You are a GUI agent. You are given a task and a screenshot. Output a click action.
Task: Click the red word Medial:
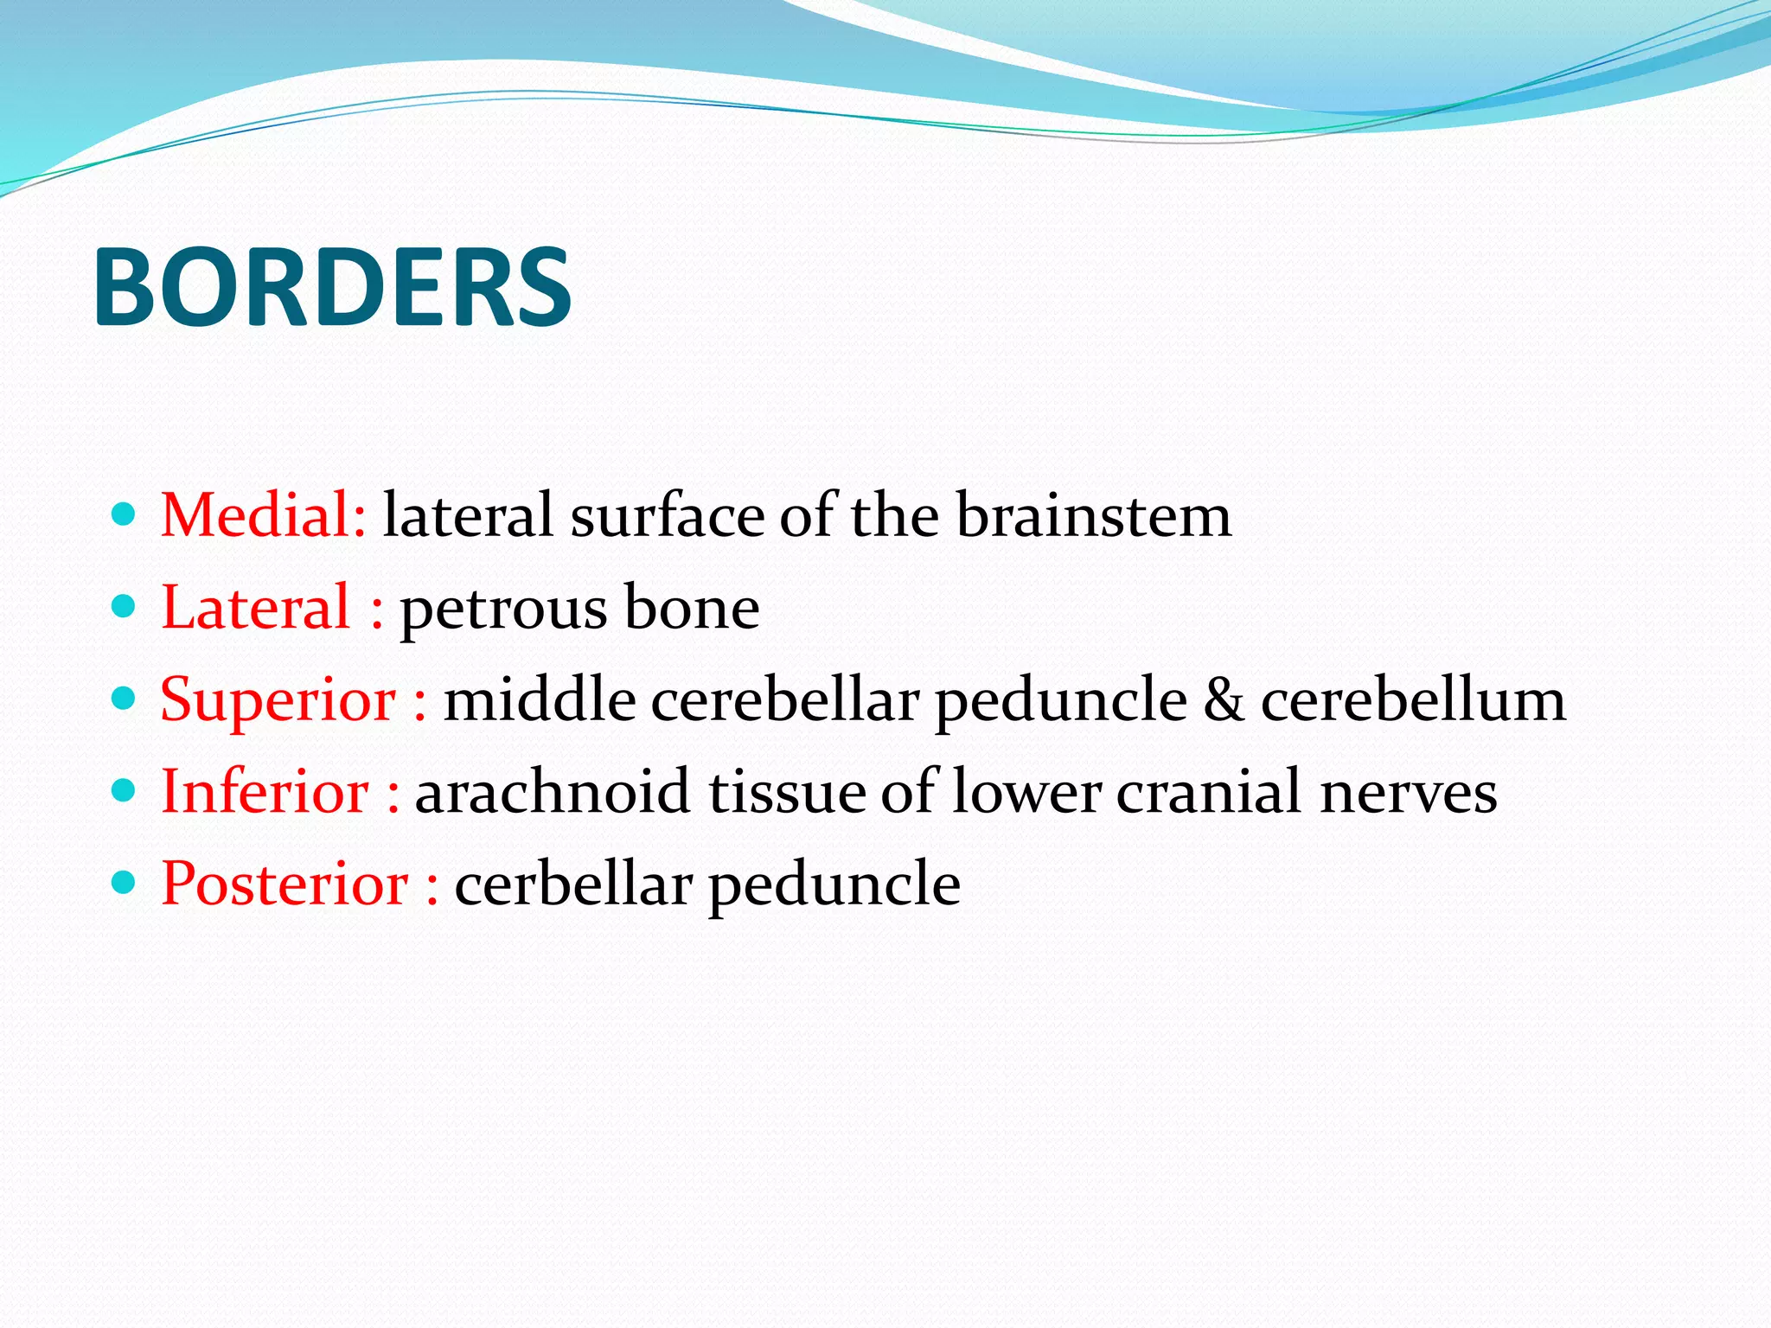coord(264,515)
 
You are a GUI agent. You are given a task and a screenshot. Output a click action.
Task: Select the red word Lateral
coord(256,608)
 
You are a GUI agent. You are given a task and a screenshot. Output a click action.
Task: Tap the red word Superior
coord(278,699)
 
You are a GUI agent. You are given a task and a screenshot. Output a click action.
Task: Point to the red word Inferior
coord(265,792)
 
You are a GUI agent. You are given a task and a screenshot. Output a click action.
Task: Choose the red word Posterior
coord(285,884)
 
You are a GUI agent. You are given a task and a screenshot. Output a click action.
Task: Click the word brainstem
coord(1093,515)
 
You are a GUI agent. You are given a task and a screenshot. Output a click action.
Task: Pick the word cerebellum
coord(1412,699)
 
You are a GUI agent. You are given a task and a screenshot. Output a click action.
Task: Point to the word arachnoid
coord(552,792)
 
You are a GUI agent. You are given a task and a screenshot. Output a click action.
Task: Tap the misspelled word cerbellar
coord(572,884)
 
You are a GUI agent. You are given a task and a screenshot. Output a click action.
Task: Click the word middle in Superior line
coord(540,699)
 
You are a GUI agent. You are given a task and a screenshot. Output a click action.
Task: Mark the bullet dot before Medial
coord(125,515)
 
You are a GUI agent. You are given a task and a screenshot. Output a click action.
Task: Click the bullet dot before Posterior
coord(125,883)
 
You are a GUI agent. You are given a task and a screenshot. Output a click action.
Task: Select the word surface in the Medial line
coord(667,515)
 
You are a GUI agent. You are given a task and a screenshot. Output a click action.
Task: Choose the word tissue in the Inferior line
coord(786,792)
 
